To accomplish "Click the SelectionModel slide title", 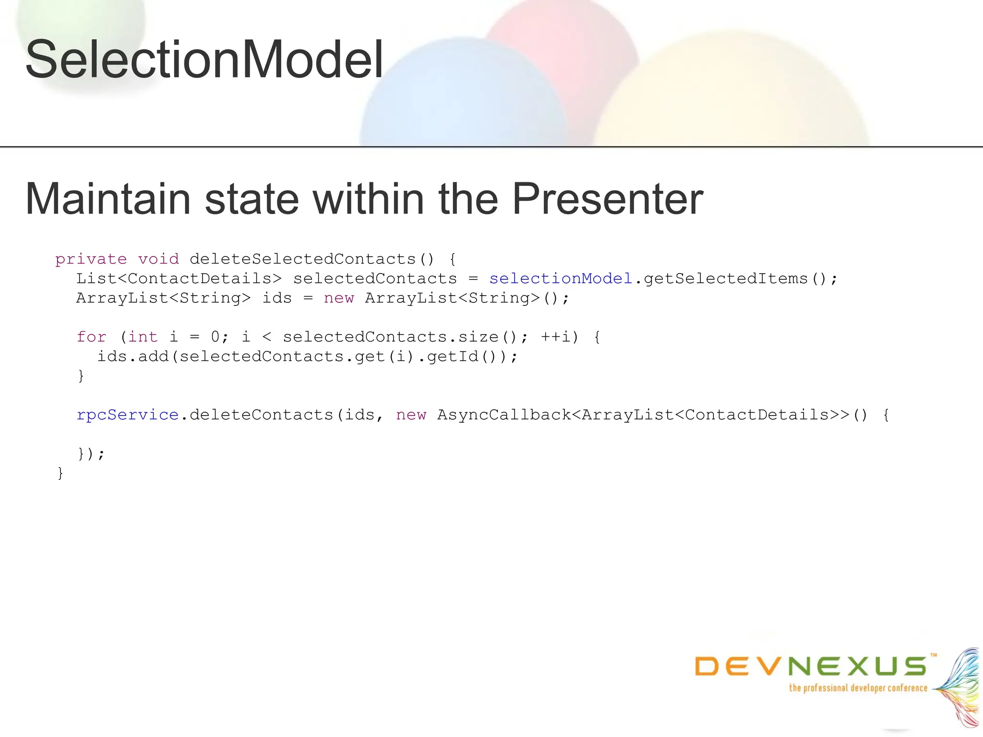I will coord(204,60).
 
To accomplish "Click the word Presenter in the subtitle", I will coord(607,199).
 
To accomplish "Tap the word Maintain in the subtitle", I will coord(108,199).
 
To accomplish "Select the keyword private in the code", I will coord(91,259).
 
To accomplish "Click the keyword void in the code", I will coord(158,259).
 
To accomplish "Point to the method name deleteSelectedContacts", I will coord(302,259).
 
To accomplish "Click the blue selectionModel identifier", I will coord(561,279).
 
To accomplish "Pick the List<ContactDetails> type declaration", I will coord(179,279).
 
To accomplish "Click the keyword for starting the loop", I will coord(91,337).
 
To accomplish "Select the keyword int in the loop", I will coord(143,337).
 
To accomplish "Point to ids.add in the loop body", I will coord(133,357).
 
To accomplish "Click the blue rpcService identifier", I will coord(128,415).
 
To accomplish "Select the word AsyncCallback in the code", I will coord(504,415).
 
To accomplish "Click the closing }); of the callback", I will coord(91,453).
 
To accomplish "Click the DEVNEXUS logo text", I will coord(811,666).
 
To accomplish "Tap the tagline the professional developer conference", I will coord(858,688).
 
